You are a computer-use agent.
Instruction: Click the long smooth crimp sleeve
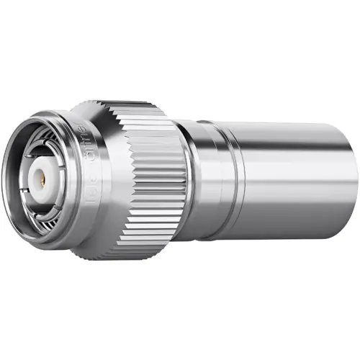pyautogui.click(x=295, y=180)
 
